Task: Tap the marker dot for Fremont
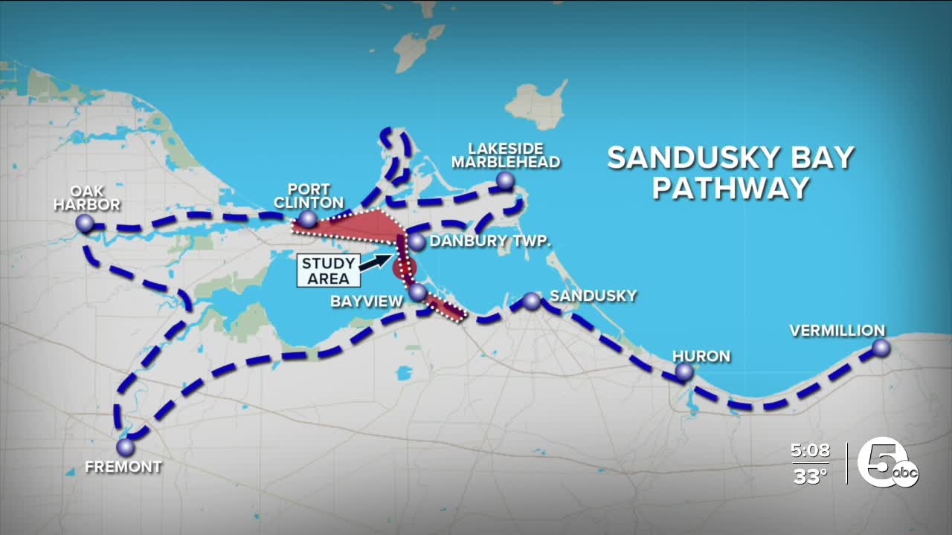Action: coord(126,447)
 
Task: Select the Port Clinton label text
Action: coord(309,195)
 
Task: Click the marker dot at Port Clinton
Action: coord(307,219)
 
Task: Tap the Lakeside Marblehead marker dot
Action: coord(506,180)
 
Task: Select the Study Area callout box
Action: coord(328,271)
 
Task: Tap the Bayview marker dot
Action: coord(418,291)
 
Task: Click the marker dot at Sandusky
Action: coord(532,301)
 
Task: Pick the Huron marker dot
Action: coord(684,372)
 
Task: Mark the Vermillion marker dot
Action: coord(881,347)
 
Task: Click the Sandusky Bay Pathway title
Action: coord(730,172)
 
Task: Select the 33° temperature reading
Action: coord(810,476)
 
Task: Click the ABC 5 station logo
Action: coord(887,462)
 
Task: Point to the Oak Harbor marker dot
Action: coord(85,222)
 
